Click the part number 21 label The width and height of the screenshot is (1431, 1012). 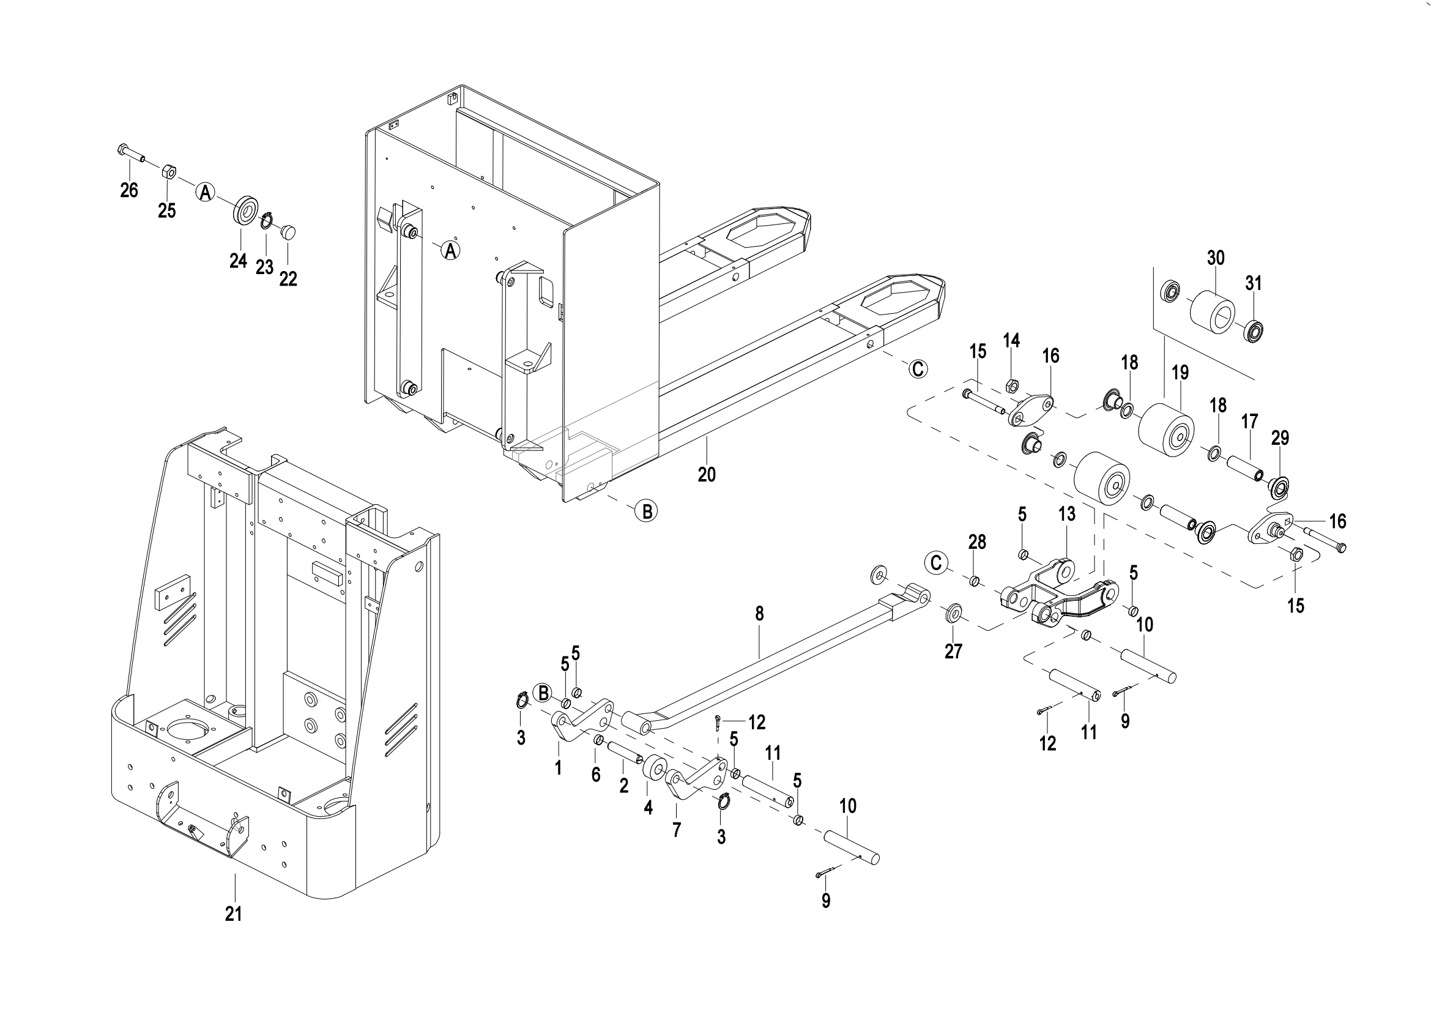pyautogui.click(x=233, y=914)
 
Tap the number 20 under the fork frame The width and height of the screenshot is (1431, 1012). pyautogui.click(x=706, y=475)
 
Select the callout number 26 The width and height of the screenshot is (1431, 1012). pyautogui.click(x=129, y=190)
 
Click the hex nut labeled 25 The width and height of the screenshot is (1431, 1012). pyautogui.click(x=168, y=171)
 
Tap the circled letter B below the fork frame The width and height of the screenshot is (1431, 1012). pyautogui.click(x=647, y=511)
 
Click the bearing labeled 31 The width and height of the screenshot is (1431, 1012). pyautogui.click(x=1252, y=330)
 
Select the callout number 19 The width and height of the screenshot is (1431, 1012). pyautogui.click(x=1180, y=373)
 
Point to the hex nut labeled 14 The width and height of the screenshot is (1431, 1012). pyautogui.click(x=1012, y=383)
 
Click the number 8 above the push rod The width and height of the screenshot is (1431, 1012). pyautogui.click(x=759, y=614)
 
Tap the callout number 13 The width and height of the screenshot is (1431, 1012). pyautogui.click(x=1066, y=514)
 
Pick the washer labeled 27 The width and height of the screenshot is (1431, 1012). pyautogui.click(x=953, y=613)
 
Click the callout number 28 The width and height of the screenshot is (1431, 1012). pyautogui.click(x=977, y=542)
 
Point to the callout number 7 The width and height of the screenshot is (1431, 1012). pyautogui.click(x=677, y=830)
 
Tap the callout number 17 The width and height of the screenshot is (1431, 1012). pyautogui.click(x=1249, y=422)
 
